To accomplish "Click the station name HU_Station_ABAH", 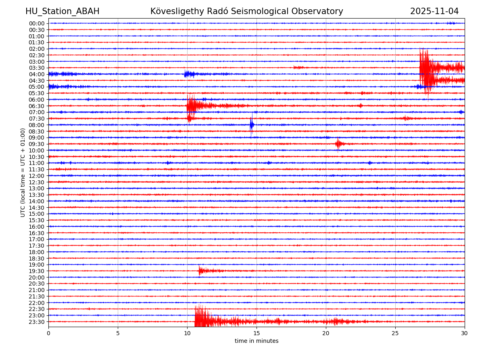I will point(62,11).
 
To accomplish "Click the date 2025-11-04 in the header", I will point(434,11).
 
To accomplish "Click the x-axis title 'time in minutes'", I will point(257,341).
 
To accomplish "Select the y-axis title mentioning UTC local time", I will point(23,172).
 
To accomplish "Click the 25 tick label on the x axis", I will point(395,334).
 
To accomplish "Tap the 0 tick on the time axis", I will point(48,334).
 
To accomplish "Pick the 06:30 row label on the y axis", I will point(36,106).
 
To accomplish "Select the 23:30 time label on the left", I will point(36,322).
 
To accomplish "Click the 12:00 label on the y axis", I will point(36,176).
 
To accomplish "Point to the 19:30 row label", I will point(36,271).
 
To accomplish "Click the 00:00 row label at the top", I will point(36,23).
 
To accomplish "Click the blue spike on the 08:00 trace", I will point(252,125).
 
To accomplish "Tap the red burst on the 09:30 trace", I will point(338,144).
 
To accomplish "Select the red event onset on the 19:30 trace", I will point(199,271).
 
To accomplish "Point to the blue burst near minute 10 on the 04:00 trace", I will point(189,74).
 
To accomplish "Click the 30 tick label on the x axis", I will point(465,334).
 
